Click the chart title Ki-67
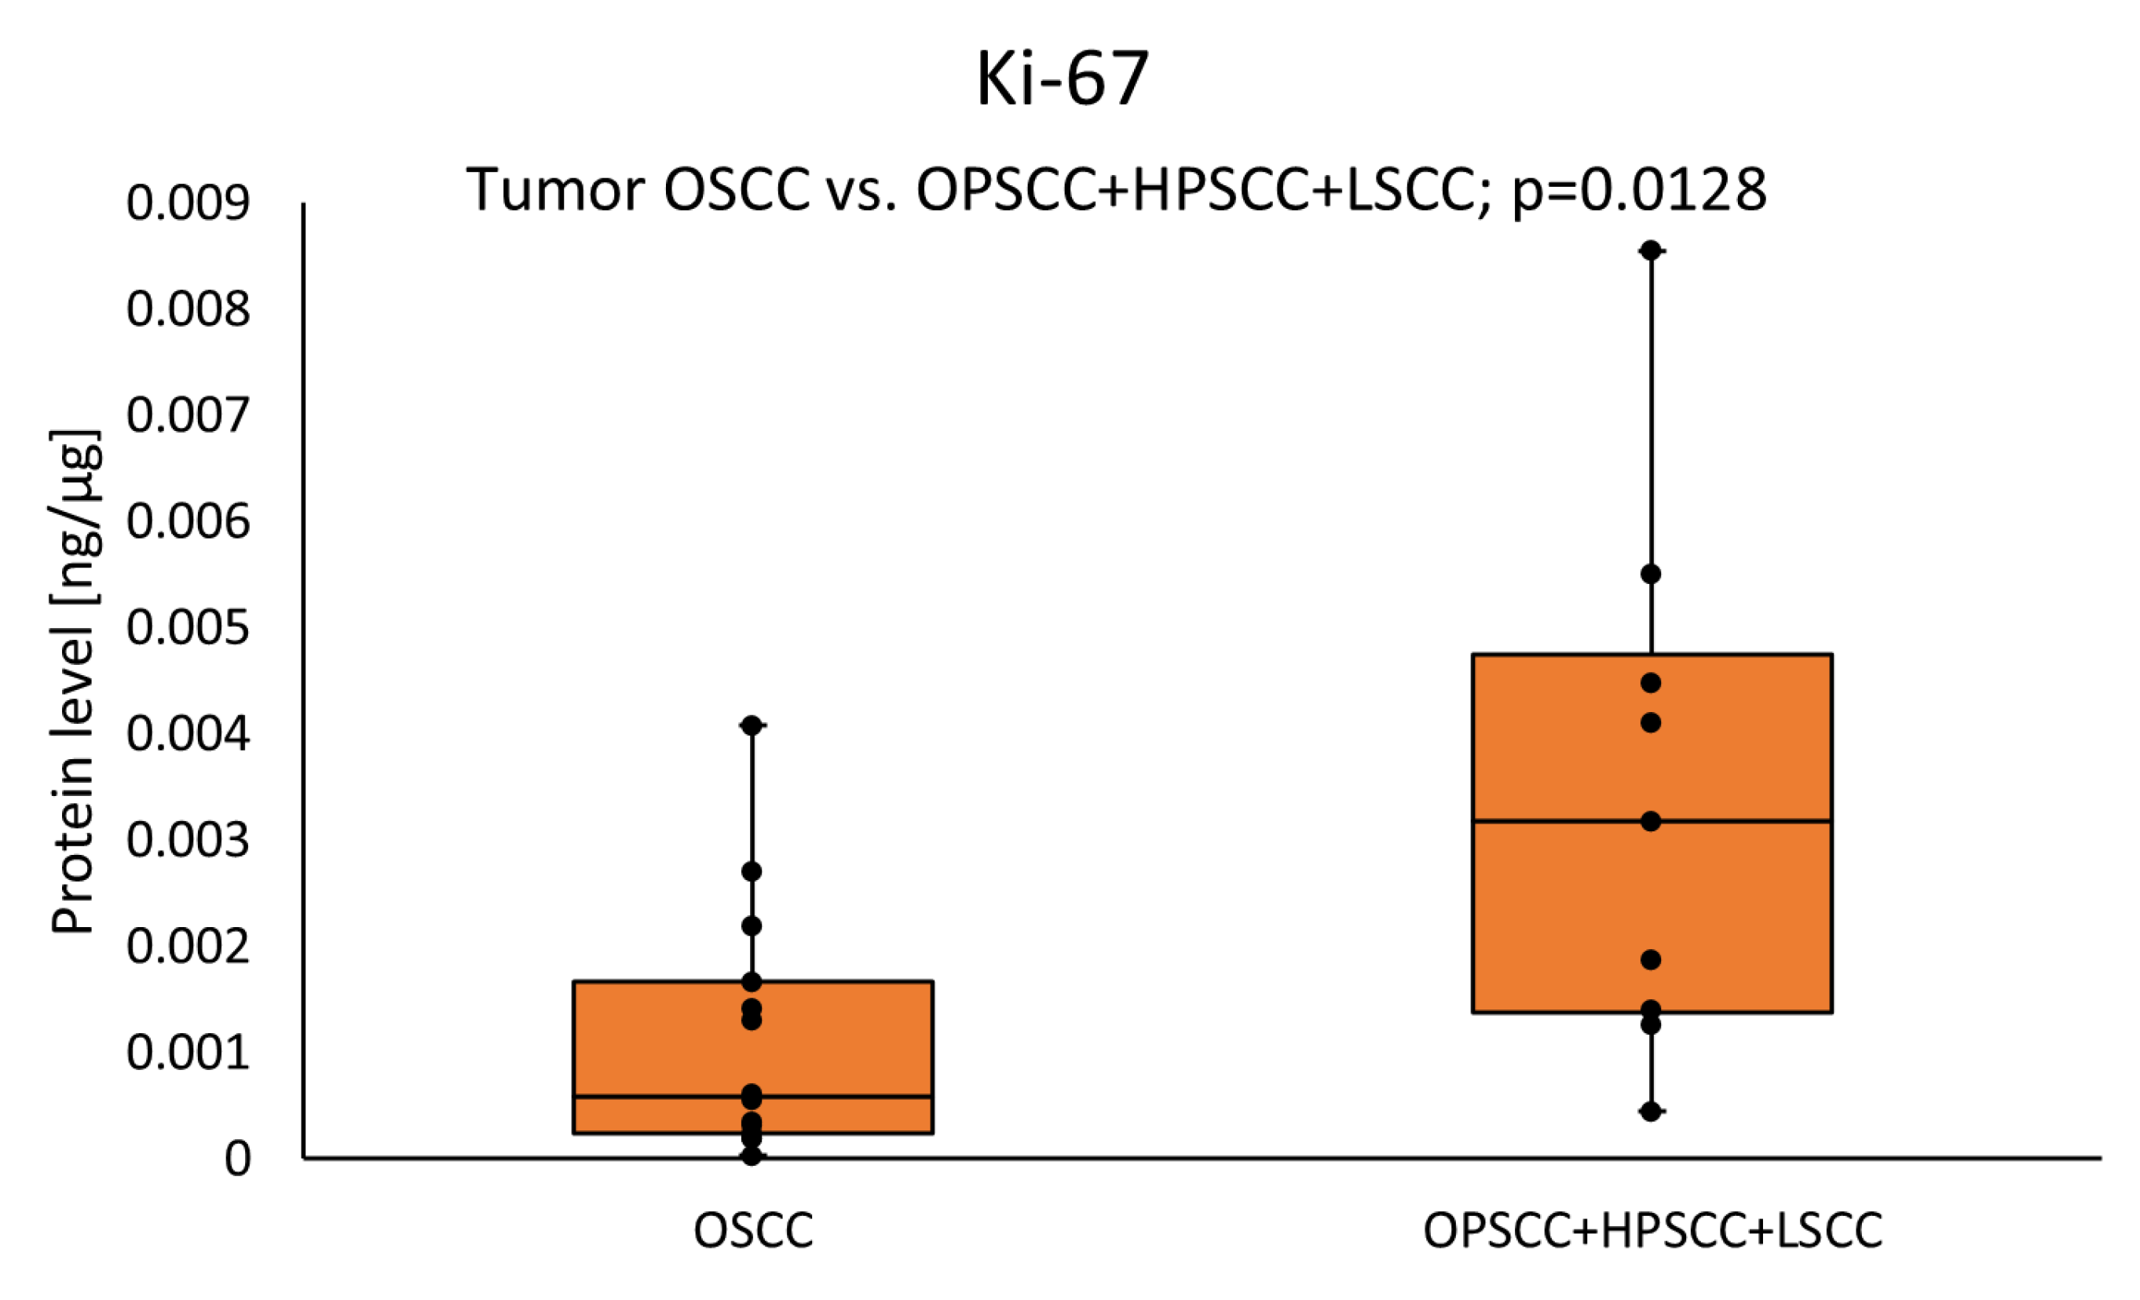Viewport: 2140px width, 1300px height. coord(1063,80)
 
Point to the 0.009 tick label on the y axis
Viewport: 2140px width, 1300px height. coord(188,203)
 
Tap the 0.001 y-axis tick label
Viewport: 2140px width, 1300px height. coord(188,1053)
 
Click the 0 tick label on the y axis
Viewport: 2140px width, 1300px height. coord(237,1159)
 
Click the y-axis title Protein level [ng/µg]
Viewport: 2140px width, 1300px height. coord(75,681)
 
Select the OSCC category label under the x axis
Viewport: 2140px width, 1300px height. coord(753,1231)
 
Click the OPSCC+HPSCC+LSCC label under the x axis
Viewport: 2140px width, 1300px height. coord(1652,1231)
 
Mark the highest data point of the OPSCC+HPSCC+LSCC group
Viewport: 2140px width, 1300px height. coord(1651,251)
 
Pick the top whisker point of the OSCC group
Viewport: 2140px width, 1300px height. coord(752,725)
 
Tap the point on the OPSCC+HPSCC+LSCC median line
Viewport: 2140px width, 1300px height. coord(1651,821)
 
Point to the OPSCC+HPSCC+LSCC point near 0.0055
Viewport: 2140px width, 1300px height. coord(1651,574)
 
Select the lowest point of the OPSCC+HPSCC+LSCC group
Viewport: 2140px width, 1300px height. coord(1651,1112)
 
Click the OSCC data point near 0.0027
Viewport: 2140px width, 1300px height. coord(752,871)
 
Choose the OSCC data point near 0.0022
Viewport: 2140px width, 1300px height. coord(752,926)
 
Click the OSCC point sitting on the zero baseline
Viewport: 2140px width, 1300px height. coord(752,1156)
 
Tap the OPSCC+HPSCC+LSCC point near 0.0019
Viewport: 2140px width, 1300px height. coord(1651,959)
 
